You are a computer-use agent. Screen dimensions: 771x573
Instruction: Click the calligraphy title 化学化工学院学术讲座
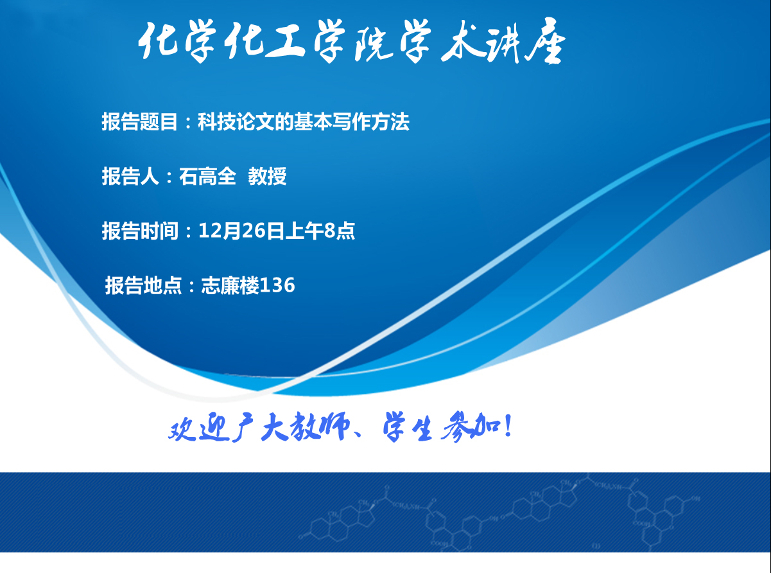[x=352, y=41]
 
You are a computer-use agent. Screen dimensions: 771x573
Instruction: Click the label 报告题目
[x=139, y=122]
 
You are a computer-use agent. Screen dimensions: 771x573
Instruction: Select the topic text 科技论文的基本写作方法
[x=304, y=122]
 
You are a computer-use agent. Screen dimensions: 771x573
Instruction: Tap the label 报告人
[x=130, y=176]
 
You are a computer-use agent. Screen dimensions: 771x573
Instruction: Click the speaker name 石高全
[x=207, y=176]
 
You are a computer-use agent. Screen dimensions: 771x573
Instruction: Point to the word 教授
[x=267, y=176]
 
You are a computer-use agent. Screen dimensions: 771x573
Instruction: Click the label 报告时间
[x=140, y=231]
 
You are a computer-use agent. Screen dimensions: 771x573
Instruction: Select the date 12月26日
[x=241, y=231]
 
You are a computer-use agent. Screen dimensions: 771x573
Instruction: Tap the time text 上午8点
[x=320, y=231]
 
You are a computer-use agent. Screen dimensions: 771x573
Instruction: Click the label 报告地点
[x=143, y=285]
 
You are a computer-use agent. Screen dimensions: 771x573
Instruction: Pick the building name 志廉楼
[x=230, y=285]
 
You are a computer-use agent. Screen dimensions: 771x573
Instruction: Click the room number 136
[x=277, y=285]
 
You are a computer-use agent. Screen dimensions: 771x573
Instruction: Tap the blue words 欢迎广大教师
[x=259, y=427]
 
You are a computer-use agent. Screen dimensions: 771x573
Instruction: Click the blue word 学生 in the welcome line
[x=408, y=427]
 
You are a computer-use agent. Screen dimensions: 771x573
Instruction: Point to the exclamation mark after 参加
[x=508, y=425]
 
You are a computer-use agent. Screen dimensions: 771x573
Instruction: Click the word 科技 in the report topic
[x=216, y=122]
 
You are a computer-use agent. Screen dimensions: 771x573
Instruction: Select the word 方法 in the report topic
[x=390, y=122]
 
